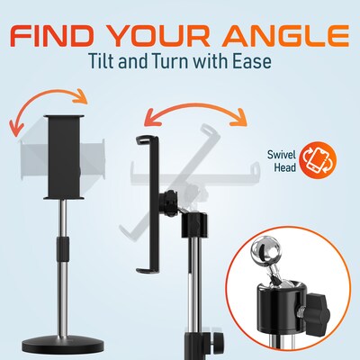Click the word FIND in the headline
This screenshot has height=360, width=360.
click(52, 36)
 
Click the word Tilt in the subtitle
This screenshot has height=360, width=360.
click(103, 61)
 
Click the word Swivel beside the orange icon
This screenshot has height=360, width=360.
click(282, 155)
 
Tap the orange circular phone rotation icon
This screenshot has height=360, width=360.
click(318, 160)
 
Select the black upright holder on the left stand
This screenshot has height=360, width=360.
click(64, 157)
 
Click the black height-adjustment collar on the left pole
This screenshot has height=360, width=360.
click(63, 248)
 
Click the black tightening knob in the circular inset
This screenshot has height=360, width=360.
click(318, 313)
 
